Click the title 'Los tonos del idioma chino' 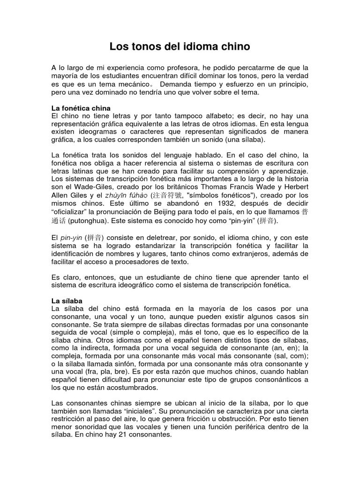click(x=180, y=46)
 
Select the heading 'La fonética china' click(x=81, y=108)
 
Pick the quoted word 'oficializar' click(x=71, y=212)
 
